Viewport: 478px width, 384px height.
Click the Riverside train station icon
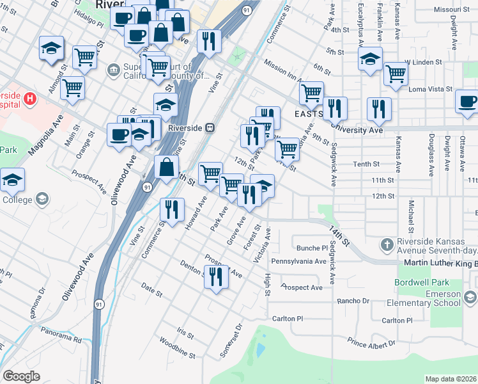209,127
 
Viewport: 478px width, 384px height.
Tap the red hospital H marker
30,98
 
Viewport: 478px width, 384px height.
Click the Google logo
21,376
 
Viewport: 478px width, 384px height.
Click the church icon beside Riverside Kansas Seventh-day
386,244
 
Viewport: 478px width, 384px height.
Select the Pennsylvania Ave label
299,261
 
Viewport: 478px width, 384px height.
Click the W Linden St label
424,62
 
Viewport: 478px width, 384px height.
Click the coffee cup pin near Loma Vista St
468,102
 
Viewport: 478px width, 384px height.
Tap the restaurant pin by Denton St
216,277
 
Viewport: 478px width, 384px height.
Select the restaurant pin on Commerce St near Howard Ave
171,209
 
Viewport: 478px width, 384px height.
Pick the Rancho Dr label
357,301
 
